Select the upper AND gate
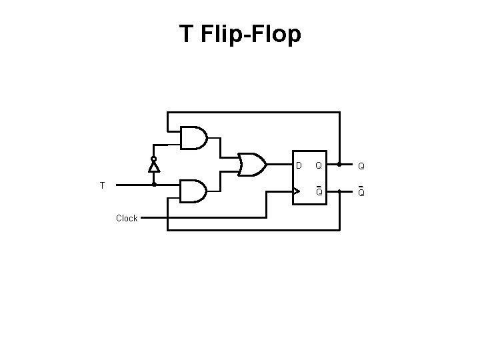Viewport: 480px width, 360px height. (193, 137)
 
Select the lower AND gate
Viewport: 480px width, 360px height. (193, 191)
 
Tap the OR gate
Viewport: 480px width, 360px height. (252, 164)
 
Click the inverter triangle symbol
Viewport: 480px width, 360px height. (154, 166)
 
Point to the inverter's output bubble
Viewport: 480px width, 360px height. (154, 159)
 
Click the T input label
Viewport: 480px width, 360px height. (102, 185)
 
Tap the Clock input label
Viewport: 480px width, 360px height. (127, 218)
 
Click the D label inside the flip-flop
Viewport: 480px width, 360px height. (299, 165)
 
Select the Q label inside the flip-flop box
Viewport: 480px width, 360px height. (319, 165)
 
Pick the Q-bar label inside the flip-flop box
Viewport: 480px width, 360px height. (319, 191)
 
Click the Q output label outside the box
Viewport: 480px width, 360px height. (361, 165)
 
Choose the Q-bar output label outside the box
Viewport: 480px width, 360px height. (361, 192)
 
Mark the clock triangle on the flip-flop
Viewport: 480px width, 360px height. (297, 191)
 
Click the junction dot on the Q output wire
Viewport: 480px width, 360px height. (339, 164)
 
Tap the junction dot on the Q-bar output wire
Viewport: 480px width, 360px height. (339, 191)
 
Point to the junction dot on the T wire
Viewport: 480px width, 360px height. (154, 185)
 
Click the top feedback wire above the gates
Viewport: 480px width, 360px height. (253, 113)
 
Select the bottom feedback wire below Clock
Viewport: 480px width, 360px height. (253, 230)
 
